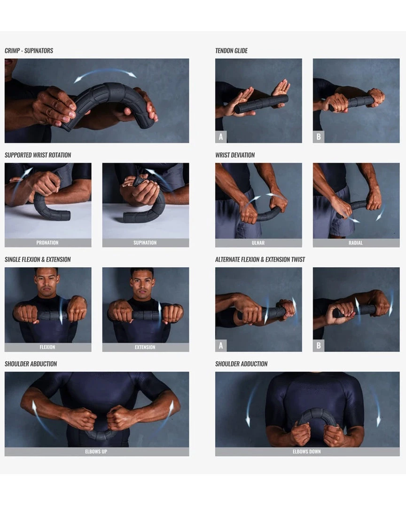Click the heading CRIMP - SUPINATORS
pos(29,51)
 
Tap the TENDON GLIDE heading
pos(231,51)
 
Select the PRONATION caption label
pos(47,243)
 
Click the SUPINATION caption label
pos(145,243)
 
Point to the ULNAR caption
pos(258,243)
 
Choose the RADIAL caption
pos(356,243)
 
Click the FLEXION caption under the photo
pos(47,347)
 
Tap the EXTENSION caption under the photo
pos(145,347)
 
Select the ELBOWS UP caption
pos(96,452)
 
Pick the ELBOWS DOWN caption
pos(307,452)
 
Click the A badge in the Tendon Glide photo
pos(221,137)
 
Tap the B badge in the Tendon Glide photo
pos(319,137)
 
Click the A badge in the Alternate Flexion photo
pos(221,346)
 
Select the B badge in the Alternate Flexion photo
pos(319,346)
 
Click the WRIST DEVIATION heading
pos(235,155)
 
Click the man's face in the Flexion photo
pos(46,281)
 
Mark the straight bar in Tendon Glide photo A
pos(261,104)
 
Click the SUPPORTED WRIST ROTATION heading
pos(38,155)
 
